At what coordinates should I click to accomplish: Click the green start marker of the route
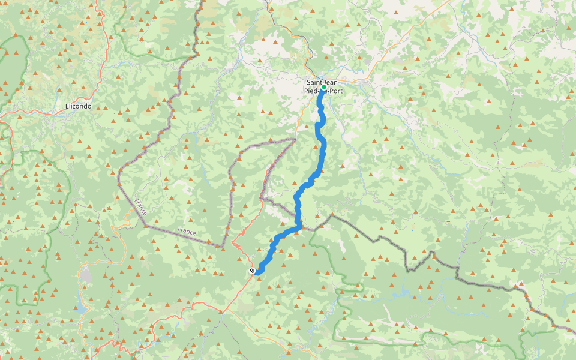pyautogui.click(x=323, y=87)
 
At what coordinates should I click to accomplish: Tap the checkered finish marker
pyautogui.click(x=252, y=271)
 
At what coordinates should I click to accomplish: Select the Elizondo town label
pyautogui.click(x=78, y=106)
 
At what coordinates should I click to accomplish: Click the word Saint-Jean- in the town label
pyautogui.click(x=323, y=82)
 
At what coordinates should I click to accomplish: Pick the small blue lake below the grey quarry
pyautogui.click(x=80, y=310)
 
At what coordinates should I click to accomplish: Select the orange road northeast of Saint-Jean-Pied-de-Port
pyautogui.click(x=408, y=36)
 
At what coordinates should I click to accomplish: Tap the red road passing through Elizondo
pyautogui.click(x=36, y=112)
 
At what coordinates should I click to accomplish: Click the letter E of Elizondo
pyautogui.click(x=67, y=106)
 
